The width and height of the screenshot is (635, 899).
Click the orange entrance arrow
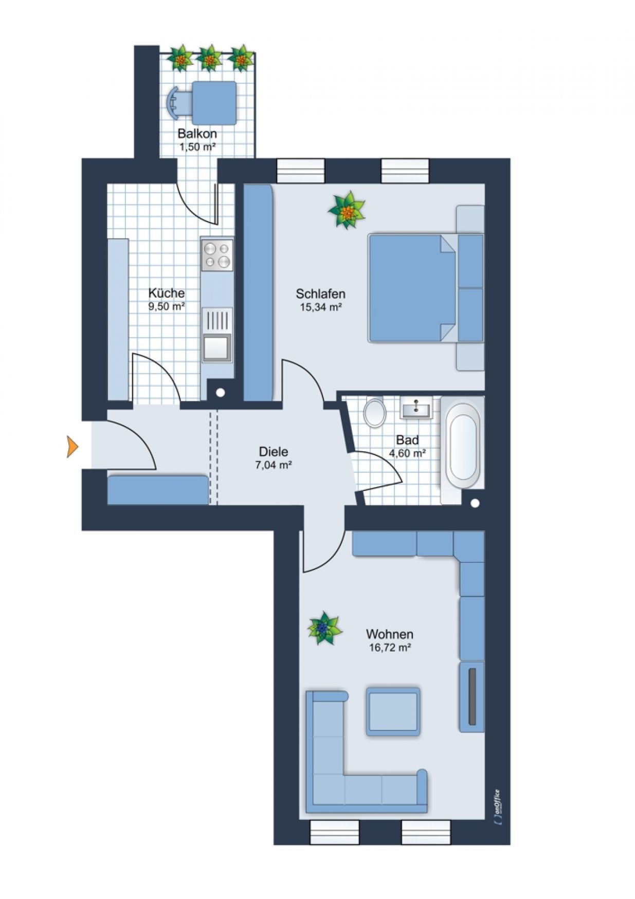[72, 446]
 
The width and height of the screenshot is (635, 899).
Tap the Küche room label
[166, 293]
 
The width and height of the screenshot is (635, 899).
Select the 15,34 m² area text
[321, 307]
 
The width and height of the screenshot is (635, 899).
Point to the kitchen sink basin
[217, 347]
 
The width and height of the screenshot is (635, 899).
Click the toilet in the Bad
[375, 413]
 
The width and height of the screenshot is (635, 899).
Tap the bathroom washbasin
[416, 409]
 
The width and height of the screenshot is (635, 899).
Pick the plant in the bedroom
[347, 210]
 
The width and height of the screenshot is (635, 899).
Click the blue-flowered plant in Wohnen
[324, 628]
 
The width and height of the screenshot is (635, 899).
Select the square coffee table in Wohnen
[393, 711]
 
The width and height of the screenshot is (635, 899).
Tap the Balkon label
[197, 134]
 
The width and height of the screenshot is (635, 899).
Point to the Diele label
[273, 452]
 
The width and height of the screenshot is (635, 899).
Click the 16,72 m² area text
[390, 648]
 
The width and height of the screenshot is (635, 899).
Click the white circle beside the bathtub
[475, 503]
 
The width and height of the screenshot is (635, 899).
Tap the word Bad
[407, 440]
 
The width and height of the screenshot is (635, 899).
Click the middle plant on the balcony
[209, 59]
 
